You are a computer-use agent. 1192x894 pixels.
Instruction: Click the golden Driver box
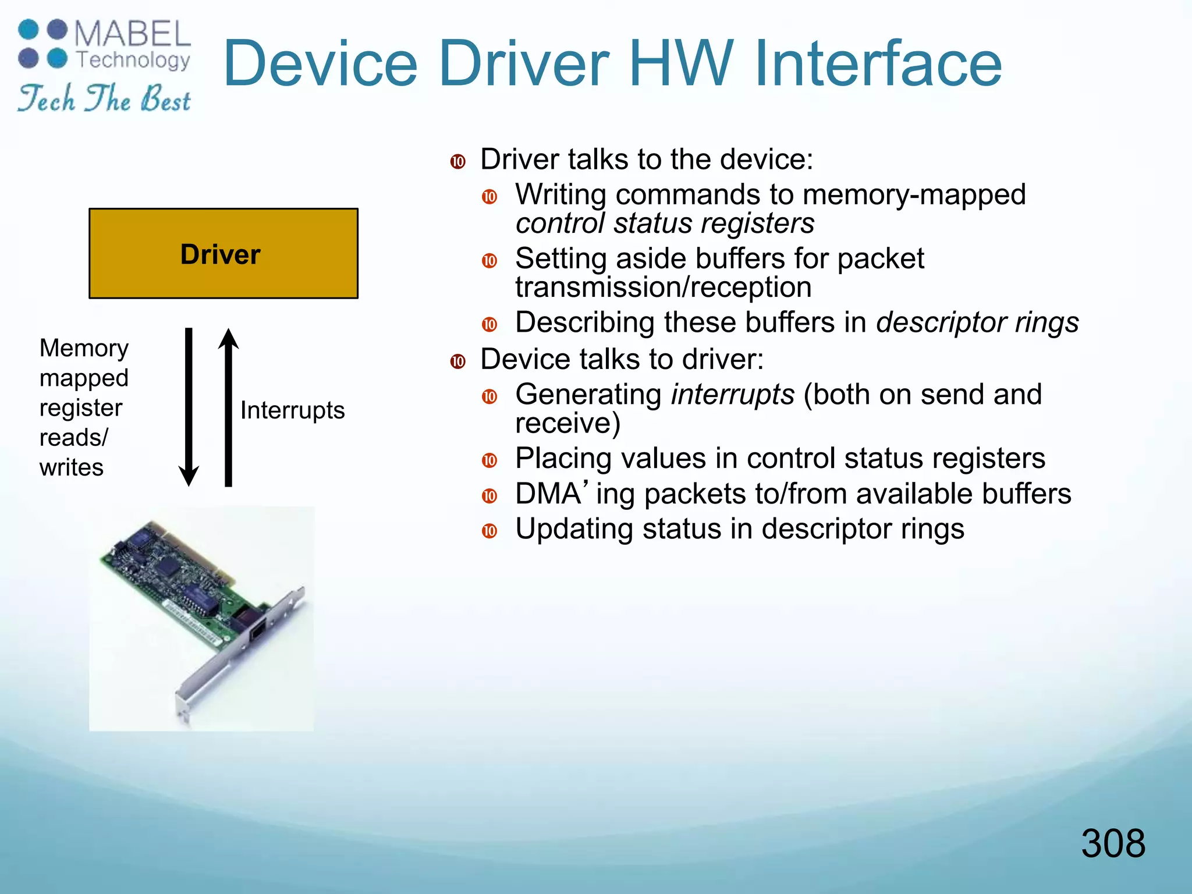(x=223, y=253)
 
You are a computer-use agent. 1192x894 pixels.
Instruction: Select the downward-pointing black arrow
(x=189, y=407)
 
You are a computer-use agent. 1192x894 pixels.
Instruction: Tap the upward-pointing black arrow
(x=228, y=407)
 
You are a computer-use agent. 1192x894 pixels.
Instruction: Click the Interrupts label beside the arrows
(x=292, y=410)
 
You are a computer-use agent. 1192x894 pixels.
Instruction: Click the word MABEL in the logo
(x=133, y=34)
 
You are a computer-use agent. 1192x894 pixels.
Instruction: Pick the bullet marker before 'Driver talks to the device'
(x=458, y=161)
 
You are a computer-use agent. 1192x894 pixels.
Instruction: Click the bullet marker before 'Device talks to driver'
(x=458, y=361)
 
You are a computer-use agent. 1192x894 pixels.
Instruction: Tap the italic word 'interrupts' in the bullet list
(x=732, y=395)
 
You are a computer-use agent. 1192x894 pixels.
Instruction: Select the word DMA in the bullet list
(x=548, y=494)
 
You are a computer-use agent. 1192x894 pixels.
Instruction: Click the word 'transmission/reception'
(x=663, y=287)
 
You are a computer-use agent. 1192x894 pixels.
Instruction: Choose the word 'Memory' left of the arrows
(x=84, y=349)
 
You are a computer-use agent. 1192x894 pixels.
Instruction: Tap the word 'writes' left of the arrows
(x=72, y=467)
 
